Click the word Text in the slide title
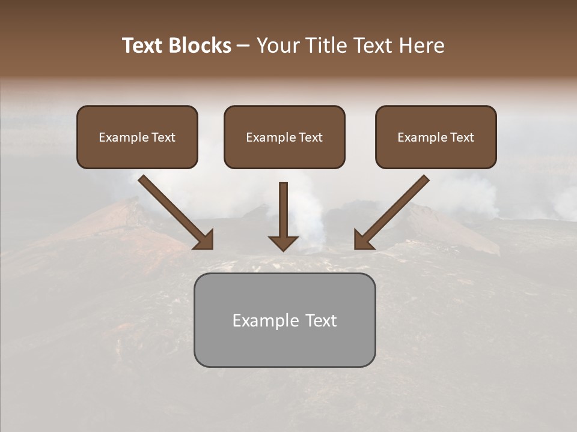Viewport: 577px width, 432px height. pos(143,46)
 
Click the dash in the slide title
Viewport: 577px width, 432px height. pos(243,46)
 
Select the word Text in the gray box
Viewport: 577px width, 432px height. pos(322,320)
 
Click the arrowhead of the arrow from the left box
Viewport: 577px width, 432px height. pos(204,239)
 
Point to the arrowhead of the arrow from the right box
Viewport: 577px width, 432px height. pos(363,239)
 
